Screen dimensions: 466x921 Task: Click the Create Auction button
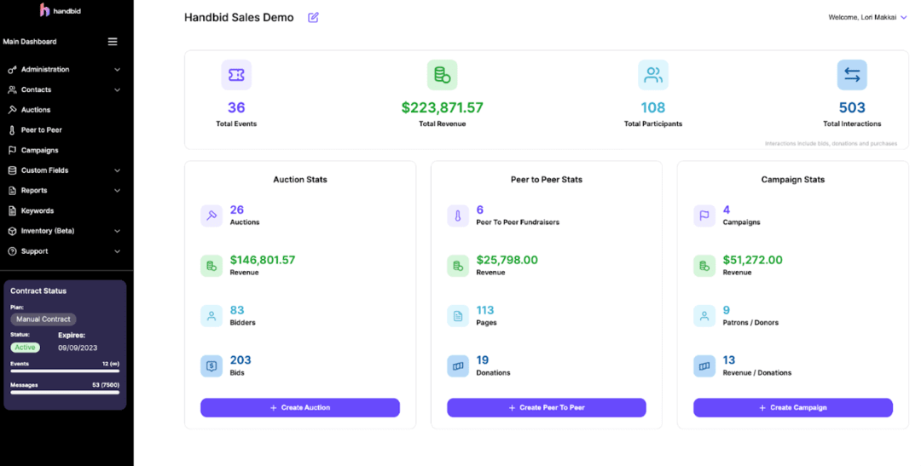coord(300,407)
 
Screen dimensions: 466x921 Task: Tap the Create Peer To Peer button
coord(546,407)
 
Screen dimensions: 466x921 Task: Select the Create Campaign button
coord(792,407)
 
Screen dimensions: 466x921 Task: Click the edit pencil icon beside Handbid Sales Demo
coord(313,17)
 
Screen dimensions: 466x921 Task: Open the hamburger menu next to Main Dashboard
coord(113,42)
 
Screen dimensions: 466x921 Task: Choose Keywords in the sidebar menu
coord(38,210)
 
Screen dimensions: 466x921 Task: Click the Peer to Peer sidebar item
coord(41,130)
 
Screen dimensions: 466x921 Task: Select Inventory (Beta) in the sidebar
coord(47,231)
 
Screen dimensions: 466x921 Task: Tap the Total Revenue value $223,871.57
coord(442,108)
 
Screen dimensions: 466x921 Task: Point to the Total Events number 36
coord(236,108)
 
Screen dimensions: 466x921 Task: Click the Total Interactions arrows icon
coord(852,75)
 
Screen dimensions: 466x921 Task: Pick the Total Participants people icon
coord(653,75)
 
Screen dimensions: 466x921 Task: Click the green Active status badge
coord(26,348)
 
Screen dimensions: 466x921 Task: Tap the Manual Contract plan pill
coord(43,319)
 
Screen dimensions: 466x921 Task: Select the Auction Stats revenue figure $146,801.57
coord(263,260)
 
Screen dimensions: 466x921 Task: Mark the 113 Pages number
coord(485,310)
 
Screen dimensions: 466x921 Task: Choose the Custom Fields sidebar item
coord(44,170)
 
